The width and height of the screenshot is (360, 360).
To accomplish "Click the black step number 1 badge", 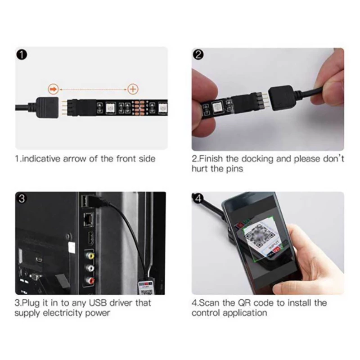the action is (x=22, y=55).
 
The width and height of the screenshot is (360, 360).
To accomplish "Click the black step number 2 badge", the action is (x=198, y=55).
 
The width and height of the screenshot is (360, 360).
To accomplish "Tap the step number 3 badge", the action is (x=22, y=198).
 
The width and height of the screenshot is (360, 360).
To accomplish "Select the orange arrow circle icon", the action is (x=53, y=89).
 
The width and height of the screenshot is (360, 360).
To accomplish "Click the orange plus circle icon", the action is (x=133, y=89).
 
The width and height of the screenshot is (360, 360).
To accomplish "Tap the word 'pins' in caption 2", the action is (x=234, y=169).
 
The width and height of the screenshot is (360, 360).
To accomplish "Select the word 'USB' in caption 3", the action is (x=98, y=303).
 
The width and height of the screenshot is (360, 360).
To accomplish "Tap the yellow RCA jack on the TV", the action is (x=90, y=256).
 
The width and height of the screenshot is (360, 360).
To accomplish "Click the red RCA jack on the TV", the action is (x=90, y=280).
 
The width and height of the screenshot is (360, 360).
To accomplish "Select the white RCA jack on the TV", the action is (x=90, y=268).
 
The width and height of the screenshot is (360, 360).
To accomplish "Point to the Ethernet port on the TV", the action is (x=88, y=219).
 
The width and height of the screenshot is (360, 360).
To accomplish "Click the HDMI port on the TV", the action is (x=90, y=238).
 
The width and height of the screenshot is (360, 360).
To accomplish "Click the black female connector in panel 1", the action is (x=47, y=108).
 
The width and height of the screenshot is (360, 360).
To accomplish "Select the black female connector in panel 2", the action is (x=281, y=98).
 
